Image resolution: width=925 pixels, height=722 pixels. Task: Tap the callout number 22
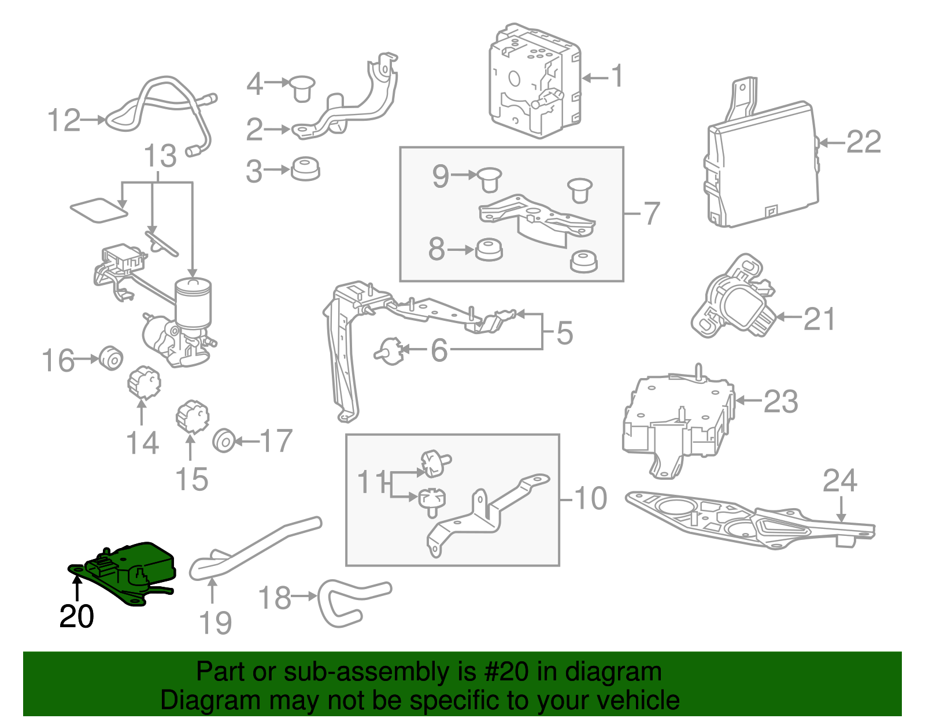pyautogui.click(x=863, y=142)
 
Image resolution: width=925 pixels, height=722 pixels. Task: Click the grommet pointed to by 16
pyautogui.click(x=110, y=358)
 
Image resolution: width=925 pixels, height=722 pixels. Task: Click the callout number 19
pyautogui.click(x=215, y=623)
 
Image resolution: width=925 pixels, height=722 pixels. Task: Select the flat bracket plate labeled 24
pyautogui.click(x=752, y=520)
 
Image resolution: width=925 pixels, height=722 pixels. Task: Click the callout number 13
pyautogui.click(x=160, y=156)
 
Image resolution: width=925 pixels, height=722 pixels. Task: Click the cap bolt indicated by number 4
pyautogui.click(x=302, y=87)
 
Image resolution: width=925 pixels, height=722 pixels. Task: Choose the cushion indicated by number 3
pyautogui.click(x=305, y=168)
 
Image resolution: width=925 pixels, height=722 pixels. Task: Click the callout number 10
pyautogui.click(x=590, y=498)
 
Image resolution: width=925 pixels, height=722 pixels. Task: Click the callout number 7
pyautogui.click(x=652, y=213)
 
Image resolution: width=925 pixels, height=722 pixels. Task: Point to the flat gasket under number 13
pyautogui.click(x=98, y=210)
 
